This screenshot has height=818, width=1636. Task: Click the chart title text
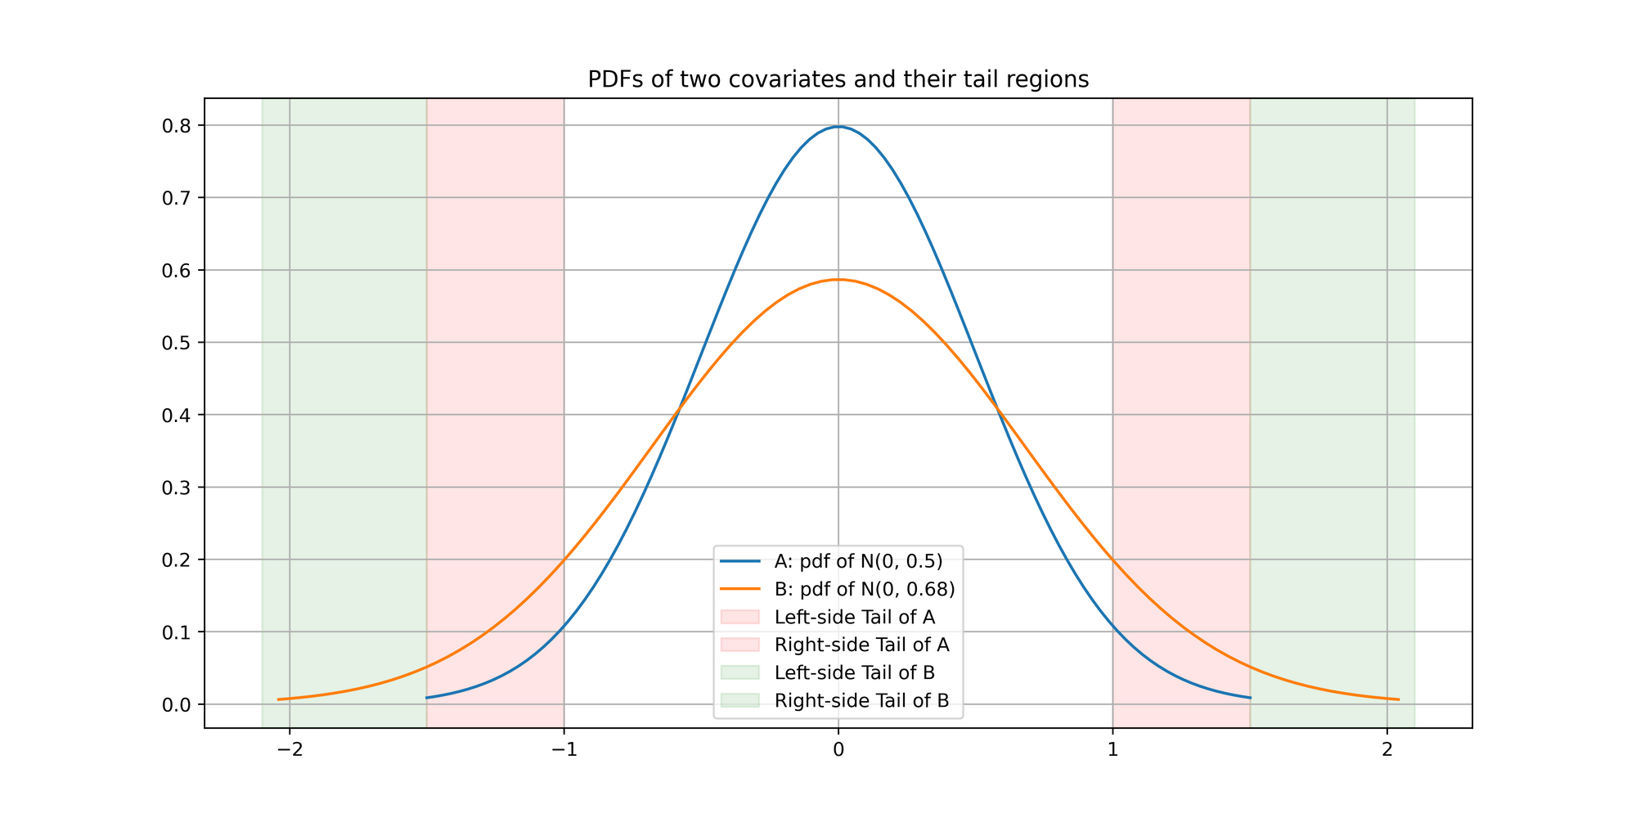[838, 79]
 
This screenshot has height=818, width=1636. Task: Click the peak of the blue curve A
[838, 127]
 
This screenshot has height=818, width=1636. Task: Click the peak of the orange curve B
[838, 280]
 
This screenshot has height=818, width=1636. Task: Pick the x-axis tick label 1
[1112, 750]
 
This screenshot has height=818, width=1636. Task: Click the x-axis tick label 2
[1387, 750]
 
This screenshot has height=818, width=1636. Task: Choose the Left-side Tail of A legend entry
[854, 617]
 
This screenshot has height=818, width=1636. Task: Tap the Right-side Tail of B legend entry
[861, 700]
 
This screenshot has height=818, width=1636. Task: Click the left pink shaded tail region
[495, 327]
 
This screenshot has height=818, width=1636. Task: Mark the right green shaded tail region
[1332, 327]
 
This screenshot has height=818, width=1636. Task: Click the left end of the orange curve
[279, 699]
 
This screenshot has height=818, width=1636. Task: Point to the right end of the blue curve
[1250, 698]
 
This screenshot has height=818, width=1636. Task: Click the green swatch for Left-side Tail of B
[739, 672]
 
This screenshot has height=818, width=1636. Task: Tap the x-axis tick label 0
[838, 750]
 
